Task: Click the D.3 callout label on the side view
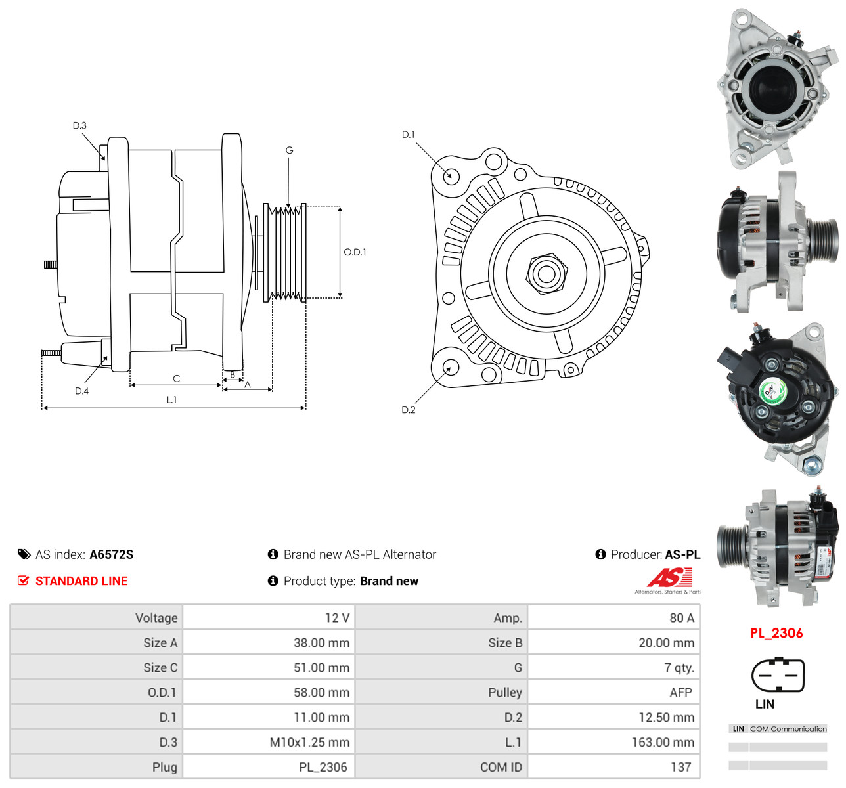pos(79,125)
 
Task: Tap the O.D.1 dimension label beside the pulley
pos(355,252)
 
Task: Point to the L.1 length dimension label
pos(171,399)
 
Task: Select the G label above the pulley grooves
pos(289,150)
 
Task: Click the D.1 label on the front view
pos(408,135)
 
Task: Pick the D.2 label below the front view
pos(408,410)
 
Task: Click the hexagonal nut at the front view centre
pos(546,274)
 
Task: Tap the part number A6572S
pos(111,554)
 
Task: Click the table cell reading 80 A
pos(682,618)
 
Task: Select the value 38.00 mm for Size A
pos(321,642)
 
